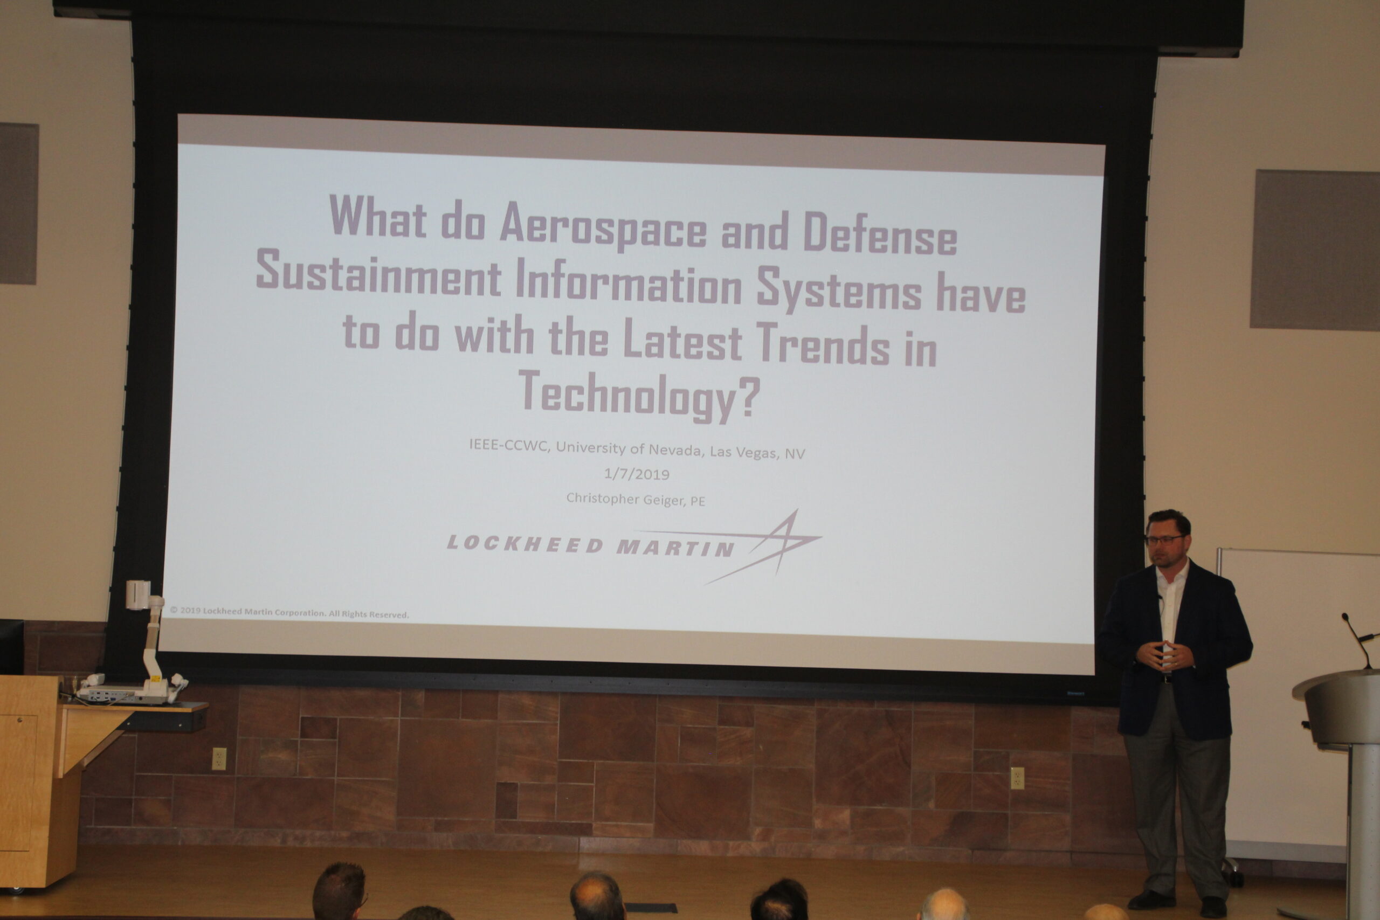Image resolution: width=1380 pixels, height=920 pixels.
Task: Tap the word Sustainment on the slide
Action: point(378,271)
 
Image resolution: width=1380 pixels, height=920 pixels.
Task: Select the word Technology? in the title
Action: point(639,396)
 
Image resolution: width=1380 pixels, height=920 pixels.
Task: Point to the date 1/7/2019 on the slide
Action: point(637,474)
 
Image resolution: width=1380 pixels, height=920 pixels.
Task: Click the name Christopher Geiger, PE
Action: point(636,499)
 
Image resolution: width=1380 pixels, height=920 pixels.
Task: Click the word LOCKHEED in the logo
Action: point(525,544)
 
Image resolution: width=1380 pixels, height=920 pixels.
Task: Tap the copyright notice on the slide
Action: point(289,613)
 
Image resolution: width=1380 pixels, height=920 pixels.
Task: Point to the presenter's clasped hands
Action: point(1168,655)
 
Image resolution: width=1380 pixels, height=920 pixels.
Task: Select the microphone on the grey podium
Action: point(1356,640)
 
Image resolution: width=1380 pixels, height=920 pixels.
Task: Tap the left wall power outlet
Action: point(219,759)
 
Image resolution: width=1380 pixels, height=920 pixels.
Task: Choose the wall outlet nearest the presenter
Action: point(1017,778)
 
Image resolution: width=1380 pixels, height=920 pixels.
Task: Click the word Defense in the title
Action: point(880,233)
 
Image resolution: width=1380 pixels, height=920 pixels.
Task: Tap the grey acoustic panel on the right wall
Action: point(1315,250)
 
